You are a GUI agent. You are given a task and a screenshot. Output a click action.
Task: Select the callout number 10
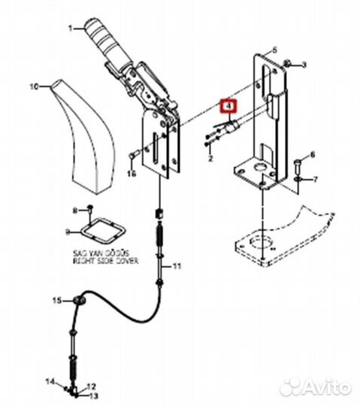33,87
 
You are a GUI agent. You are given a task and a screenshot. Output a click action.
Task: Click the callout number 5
274,48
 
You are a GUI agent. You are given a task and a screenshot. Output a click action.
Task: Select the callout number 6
313,154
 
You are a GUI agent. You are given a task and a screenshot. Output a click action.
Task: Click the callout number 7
316,180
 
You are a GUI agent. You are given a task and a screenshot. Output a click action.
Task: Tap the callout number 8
74,208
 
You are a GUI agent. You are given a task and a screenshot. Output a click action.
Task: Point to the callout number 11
177,266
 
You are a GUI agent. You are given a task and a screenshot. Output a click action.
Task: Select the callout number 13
95,395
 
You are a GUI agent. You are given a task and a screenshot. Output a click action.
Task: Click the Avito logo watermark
315,387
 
